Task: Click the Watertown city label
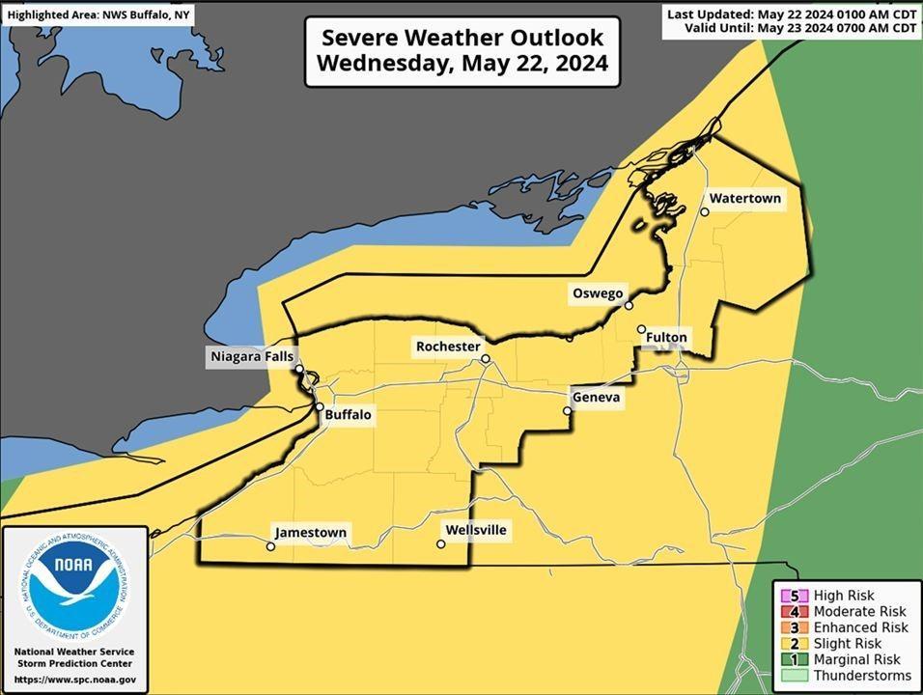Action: (743, 199)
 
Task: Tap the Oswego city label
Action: (601, 293)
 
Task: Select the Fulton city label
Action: (667, 338)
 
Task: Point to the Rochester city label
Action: (448, 347)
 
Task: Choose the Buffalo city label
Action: (347, 415)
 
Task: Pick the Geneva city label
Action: (597, 398)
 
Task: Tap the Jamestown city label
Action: (310, 533)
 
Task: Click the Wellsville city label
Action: (475, 531)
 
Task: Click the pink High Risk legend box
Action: (793, 597)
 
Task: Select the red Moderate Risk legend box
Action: (793, 612)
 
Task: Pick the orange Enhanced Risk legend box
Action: (793, 627)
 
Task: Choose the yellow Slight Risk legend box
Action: (793, 643)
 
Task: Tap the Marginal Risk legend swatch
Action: (793, 659)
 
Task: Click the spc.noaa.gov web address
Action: (74, 680)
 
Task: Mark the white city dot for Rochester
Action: (486, 359)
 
